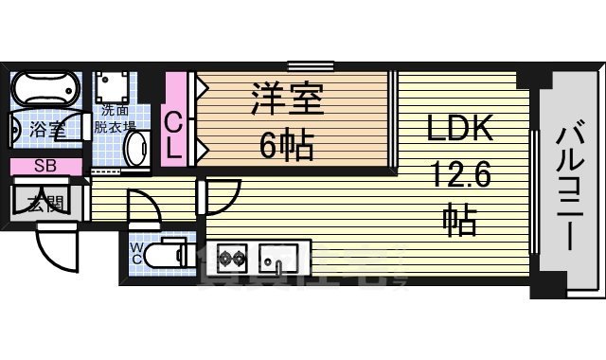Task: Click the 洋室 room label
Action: tap(288, 101)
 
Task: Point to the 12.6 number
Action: tap(460, 177)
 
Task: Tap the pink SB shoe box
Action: tap(45, 167)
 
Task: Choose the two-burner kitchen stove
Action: tap(233, 255)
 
